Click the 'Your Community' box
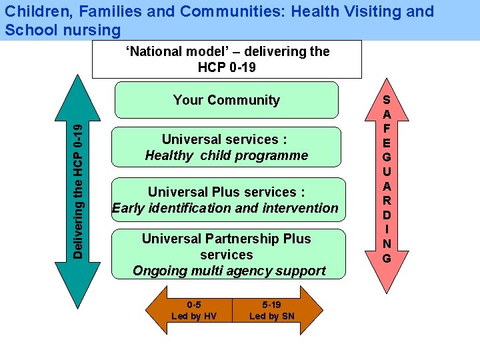[x=226, y=100]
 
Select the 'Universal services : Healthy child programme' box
[x=226, y=147]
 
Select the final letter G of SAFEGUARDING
[x=387, y=257]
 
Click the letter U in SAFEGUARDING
[x=387, y=171]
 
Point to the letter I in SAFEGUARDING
[x=387, y=229]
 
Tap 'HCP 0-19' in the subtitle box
[x=227, y=67]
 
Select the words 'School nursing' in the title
[x=63, y=30]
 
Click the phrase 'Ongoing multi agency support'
[x=229, y=271]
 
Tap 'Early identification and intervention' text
[x=225, y=208]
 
